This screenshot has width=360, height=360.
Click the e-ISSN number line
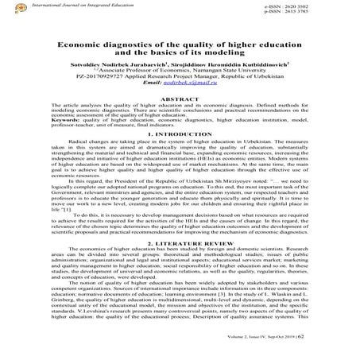pyautogui.click(x=315, y=6)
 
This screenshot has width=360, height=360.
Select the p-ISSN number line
pyautogui.click(x=315, y=13)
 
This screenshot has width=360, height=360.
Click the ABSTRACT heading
pyautogui.click(x=180, y=117)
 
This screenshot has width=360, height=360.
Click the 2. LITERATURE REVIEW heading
pyautogui.click(x=180, y=263)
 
